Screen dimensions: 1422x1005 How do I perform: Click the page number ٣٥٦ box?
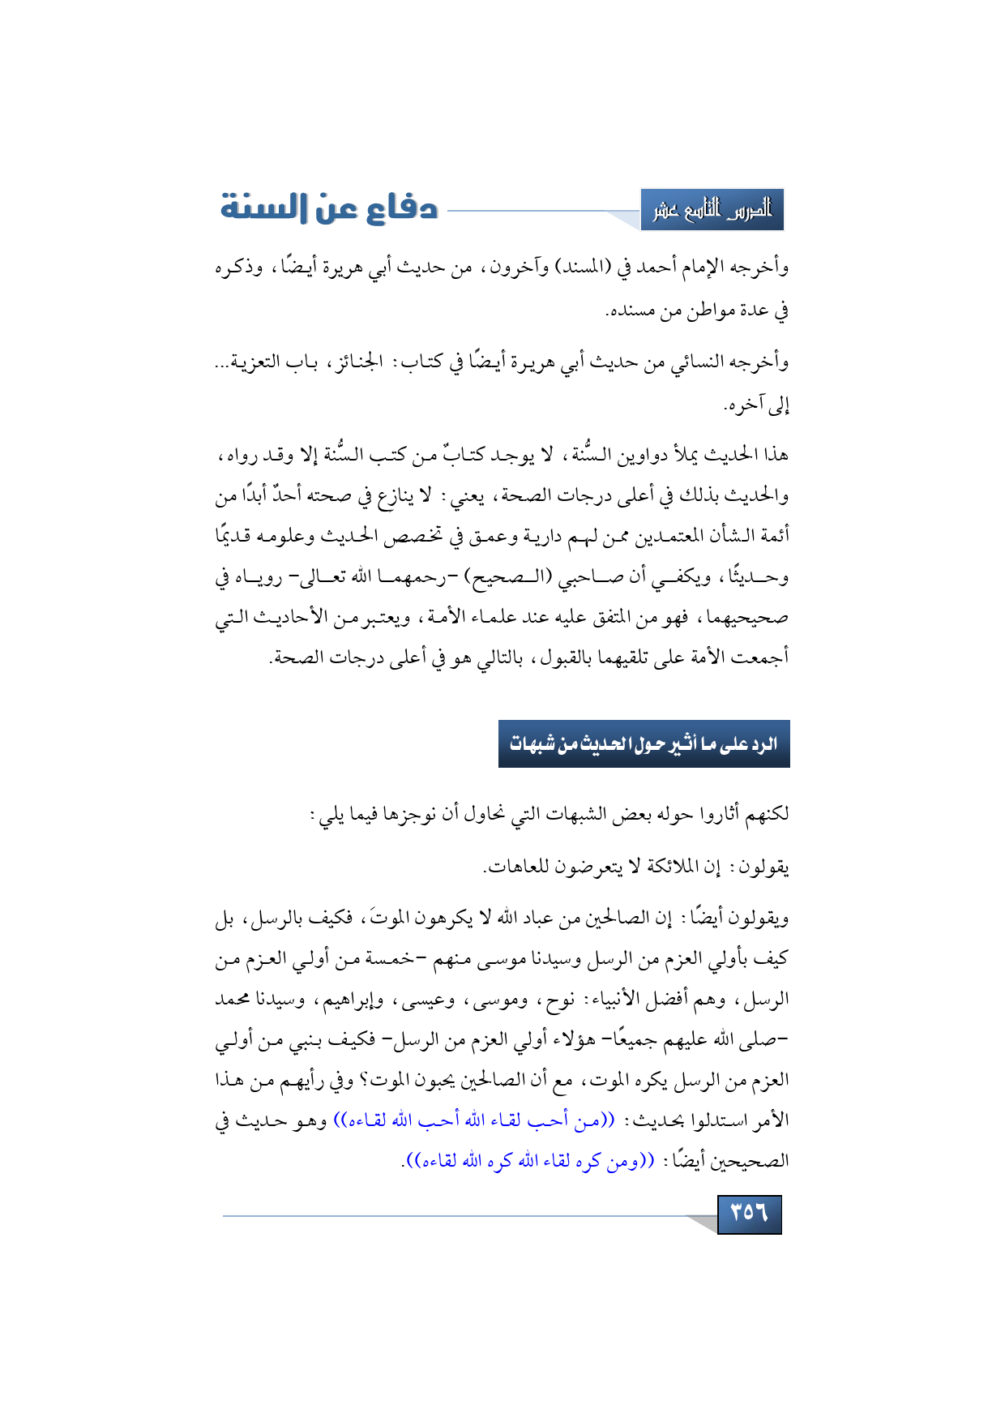[x=749, y=1214]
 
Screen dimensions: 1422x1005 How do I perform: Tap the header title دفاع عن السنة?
[x=329, y=208]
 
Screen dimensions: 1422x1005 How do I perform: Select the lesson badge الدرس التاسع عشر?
[x=712, y=210]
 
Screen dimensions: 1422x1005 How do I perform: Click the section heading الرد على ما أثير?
[x=644, y=744]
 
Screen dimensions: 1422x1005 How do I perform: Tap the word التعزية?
[x=255, y=362]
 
